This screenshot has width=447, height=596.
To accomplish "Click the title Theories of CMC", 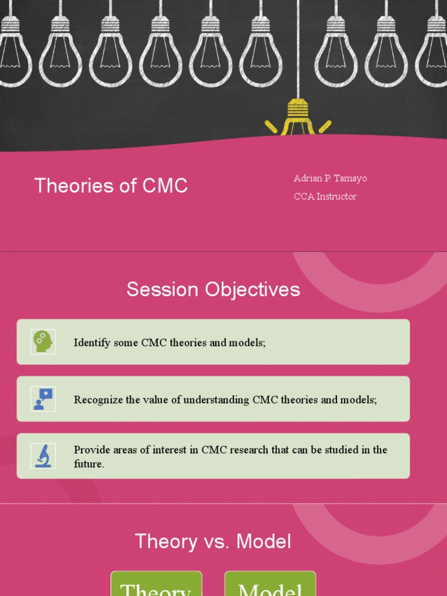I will point(111,186).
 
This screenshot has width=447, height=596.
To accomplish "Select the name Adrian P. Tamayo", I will point(330,178).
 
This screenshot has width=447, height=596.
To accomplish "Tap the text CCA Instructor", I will point(325,196).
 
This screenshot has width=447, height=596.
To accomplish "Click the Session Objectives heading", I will point(213,289).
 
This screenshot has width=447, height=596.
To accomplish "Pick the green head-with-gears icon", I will point(43,342).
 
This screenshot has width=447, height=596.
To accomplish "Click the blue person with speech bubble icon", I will point(43,399).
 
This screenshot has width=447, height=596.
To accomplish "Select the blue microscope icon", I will point(43,456).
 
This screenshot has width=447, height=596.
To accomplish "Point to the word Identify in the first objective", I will point(92,343).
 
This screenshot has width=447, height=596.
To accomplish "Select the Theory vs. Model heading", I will point(213,541).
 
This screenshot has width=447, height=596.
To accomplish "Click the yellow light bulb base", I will point(298,111).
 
